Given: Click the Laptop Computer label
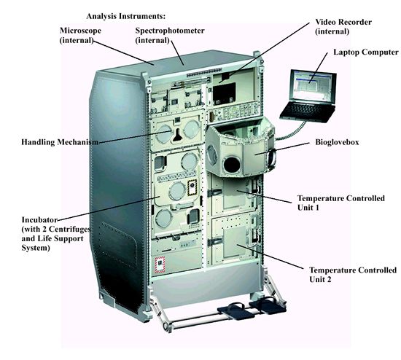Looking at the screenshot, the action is pos(366,52).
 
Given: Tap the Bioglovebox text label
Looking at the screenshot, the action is pos(337,142).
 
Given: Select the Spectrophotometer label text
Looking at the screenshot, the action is pos(170,31).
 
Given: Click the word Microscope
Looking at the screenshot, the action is pos(80,31).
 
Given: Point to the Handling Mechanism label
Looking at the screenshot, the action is pos(60,142).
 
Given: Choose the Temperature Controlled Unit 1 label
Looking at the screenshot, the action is pos(341,203).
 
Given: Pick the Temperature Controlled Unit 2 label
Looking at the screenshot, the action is pos(353,275).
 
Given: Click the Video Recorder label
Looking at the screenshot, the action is pos(343,26).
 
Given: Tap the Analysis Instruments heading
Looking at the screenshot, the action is pos(126,16).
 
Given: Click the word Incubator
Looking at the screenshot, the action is pos(39,220).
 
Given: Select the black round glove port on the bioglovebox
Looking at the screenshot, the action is pos(232,165).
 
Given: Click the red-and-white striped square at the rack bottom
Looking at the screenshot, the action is pos(160,265).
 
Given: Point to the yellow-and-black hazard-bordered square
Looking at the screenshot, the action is pos(192,188).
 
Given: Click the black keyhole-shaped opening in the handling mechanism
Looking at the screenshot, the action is pos(177,135).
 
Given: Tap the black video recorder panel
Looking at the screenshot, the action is pos(224,93).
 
